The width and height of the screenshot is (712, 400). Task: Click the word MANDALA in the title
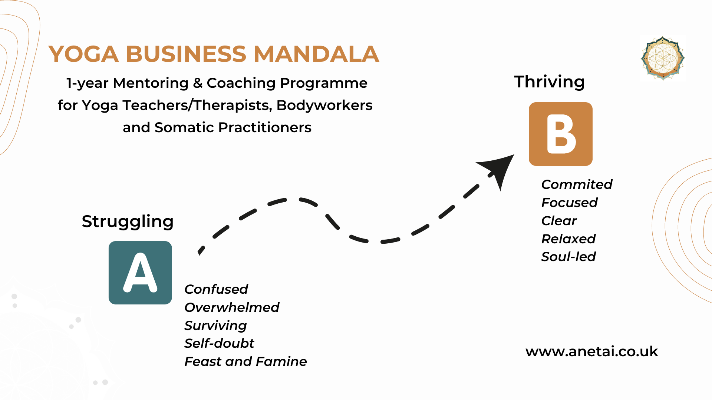pos(316,54)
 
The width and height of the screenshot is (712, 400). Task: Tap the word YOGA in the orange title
pos(84,54)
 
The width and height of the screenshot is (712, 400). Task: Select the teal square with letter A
pos(140,273)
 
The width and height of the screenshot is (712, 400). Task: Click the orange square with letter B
pos(561,134)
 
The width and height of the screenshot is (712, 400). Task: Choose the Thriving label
pos(550,82)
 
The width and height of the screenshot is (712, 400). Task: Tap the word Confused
pos(216,289)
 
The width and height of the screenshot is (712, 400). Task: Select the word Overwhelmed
pos(232,307)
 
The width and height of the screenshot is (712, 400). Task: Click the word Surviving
pos(215,326)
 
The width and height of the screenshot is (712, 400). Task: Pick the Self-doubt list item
pos(219,343)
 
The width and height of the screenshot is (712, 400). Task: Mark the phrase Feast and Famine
pos(245,361)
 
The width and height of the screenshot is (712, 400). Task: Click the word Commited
pos(577,184)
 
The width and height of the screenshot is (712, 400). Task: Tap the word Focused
pos(570,203)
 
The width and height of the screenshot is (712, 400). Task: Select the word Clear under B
pos(559,221)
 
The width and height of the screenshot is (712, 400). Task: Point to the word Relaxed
pos(568,239)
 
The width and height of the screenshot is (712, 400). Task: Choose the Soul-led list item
pos(568,257)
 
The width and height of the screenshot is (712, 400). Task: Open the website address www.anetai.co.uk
pos(592,351)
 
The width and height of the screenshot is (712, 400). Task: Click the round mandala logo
pos(663,58)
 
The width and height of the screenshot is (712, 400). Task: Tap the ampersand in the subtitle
pos(198,83)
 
